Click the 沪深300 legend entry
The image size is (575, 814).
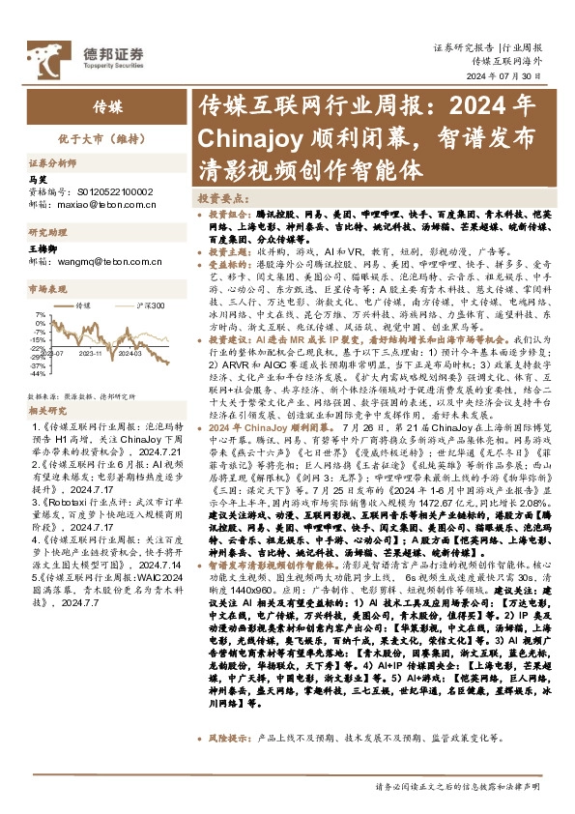pyautogui.click(x=146, y=305)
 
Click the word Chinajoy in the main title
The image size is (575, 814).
pyautogui.click(x=254, y=137)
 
